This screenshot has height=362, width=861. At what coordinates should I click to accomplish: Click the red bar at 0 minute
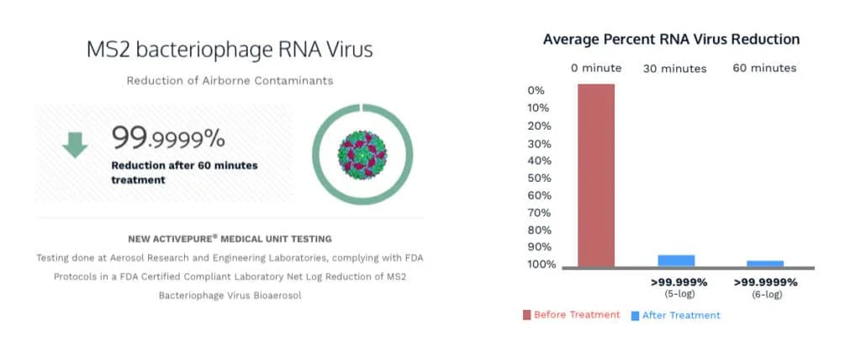[596, 175]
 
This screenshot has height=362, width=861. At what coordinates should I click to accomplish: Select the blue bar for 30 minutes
[676, 261]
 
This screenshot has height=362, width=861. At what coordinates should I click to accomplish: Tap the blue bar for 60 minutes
[765, 264]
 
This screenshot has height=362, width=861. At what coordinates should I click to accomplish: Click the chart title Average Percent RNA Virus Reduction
[671, 40]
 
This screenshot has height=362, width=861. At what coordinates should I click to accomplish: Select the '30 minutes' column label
[675, 68]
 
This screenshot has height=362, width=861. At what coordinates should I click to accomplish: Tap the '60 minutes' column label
[764, 67]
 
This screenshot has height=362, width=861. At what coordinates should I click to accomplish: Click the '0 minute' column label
[596, 67]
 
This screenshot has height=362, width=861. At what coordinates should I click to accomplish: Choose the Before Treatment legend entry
[571, 315]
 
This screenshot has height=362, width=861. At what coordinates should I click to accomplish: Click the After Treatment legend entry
[675, 315]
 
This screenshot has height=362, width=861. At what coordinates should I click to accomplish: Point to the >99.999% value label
[679, 282]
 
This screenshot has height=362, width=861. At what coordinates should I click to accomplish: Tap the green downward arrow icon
[75, 145]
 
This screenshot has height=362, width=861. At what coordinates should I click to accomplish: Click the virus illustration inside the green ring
[362, 152]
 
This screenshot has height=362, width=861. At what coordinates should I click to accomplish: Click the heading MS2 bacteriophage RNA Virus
[230, 50]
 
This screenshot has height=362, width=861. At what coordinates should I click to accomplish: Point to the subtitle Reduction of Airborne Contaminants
[230, 81]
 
